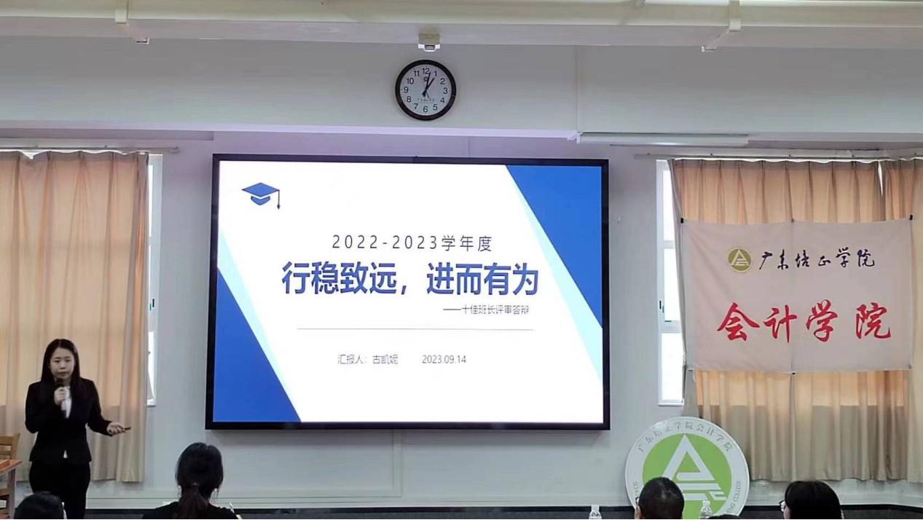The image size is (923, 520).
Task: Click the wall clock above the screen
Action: point(425,90)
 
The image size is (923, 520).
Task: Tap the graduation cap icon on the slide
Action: point(261,194)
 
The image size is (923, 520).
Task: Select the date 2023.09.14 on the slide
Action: point(444,359)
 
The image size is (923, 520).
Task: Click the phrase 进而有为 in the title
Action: point(482,280)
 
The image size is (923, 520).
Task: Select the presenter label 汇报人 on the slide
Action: point(350,359)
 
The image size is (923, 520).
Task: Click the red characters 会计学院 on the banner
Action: point(804,321)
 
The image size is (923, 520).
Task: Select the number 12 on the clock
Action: point(425,71)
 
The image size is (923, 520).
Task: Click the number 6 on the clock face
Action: point(425,109)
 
